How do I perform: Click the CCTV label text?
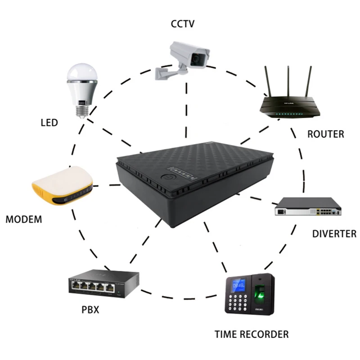pyautogui.click(x=182, y=23)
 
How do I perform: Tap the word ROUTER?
pyautogui.click(x=325, y=134)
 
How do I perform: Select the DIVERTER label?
pyautogui.click(x=334, y=234)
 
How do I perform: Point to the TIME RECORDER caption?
pyautogui.click(x=251, y=334)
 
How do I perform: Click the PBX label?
pyautogui.click(x=90, y=310)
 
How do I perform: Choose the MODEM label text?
pyautogui.click(x=24, y=220)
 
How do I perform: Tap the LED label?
pyautogui.click(x=49, y=122)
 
